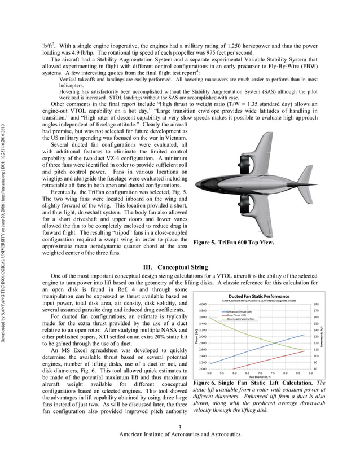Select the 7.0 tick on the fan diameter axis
[x=260, y=373]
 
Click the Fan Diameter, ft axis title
[x=259, y=377]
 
